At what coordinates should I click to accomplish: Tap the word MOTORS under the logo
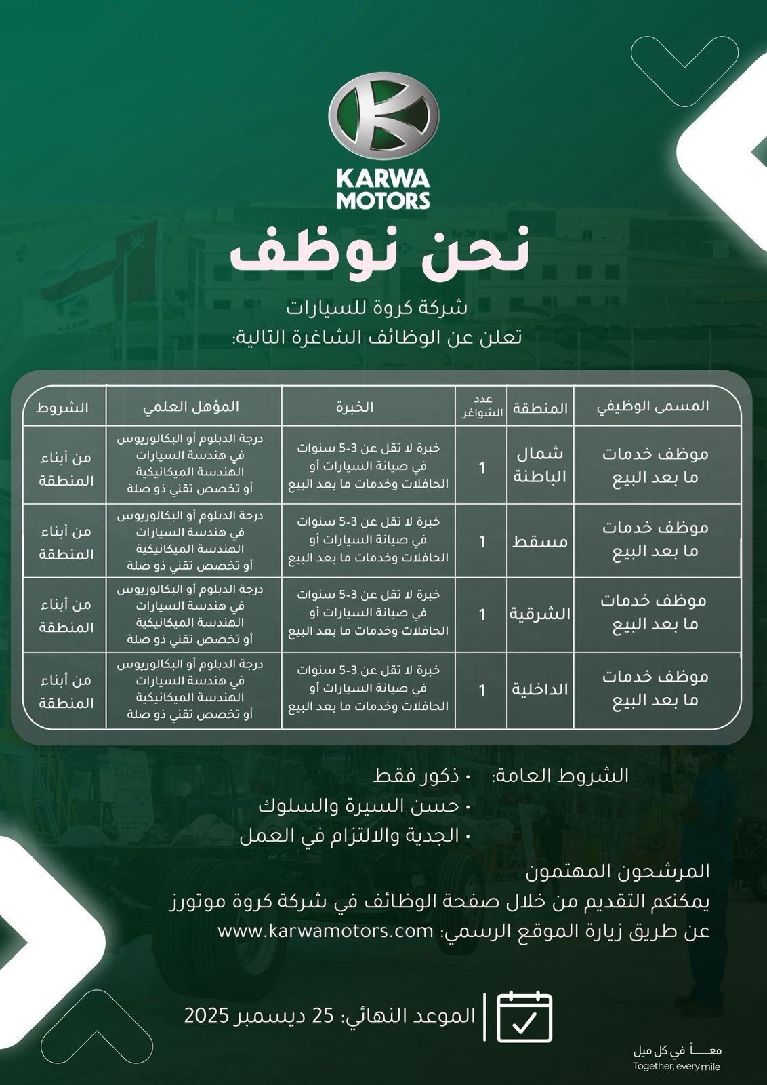pos(383,200)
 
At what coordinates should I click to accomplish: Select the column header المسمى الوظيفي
pos(653,406)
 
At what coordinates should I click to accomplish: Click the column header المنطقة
pos(540,408)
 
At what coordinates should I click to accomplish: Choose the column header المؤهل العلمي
pos(191,406)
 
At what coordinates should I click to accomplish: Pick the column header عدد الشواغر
pos(482,407)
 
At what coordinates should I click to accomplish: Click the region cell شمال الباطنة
pos(539,465)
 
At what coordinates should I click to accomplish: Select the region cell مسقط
pos(540,541)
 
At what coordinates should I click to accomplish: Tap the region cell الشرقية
pos(540,614)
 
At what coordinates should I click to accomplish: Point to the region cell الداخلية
pos(540,690)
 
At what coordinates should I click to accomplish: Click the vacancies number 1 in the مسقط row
pos(482,541)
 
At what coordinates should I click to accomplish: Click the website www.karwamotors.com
pos(325,931)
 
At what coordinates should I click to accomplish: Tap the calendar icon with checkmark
pos(524,1017)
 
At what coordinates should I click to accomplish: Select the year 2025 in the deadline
pos(209,1016)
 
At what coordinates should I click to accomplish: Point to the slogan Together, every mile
pos(677,1067)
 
